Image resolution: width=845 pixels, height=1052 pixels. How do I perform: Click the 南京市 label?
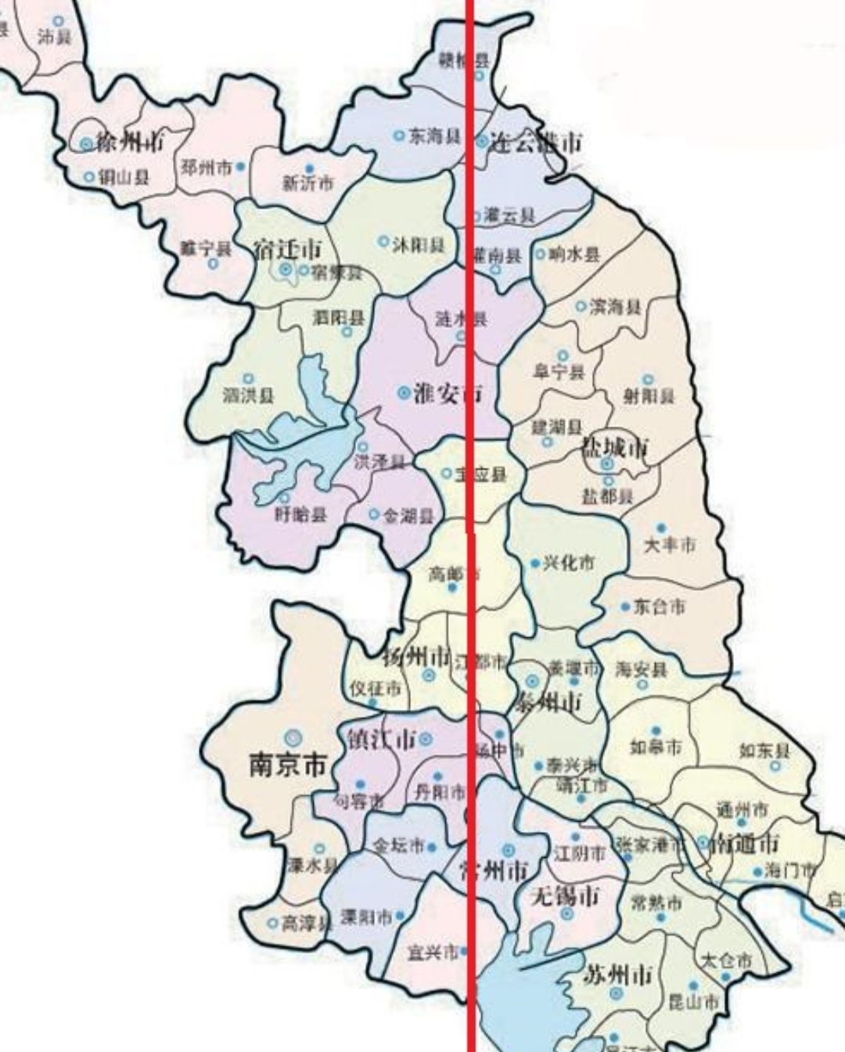click(287, 765)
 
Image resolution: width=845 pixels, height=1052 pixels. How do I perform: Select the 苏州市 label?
click(618, 975)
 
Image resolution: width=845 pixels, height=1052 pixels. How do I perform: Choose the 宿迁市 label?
click(287, 250)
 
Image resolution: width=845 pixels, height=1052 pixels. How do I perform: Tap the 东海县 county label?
click(434, 135)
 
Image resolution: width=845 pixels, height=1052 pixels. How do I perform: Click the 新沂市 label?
click(307, 183)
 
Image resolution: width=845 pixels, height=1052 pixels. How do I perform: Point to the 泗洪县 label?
click(248, 395)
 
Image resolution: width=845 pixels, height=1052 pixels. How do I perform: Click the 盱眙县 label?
click(300, 514)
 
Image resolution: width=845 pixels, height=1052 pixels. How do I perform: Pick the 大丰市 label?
click(669, 545)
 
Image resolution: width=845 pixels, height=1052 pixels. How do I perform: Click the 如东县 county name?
click(764, 751)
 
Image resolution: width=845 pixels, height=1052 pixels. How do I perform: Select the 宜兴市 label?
click(433, 953)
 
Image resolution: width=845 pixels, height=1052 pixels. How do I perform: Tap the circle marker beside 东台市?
click(625, 607)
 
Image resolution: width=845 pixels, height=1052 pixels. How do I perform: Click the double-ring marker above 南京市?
click(293, 737)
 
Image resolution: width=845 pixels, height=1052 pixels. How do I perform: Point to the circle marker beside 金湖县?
click(374, 514)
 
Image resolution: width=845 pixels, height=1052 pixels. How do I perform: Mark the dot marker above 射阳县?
click(648, 380)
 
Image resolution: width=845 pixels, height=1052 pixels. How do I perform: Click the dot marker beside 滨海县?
click(581, 306)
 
